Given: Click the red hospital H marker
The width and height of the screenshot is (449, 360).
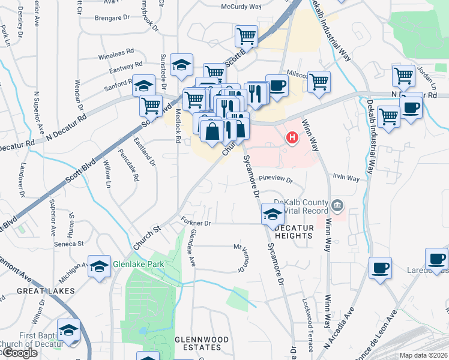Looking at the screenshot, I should coord(292,138).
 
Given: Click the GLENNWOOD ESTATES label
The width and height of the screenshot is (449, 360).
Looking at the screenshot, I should coord(202,344).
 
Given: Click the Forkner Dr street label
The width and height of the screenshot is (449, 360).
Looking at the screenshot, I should coord(196,223).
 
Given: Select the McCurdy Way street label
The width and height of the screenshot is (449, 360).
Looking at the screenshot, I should coord(241,6).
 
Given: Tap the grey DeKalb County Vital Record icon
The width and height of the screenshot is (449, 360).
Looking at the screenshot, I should coord(337,206).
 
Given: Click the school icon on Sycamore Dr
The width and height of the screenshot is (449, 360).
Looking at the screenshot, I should coord(273,214).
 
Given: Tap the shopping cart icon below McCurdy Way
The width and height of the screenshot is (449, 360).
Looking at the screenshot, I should coord(246,35).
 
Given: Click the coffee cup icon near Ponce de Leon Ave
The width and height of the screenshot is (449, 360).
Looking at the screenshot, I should coord(380,267).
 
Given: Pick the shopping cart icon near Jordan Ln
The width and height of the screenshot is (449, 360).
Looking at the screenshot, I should coord(403,76).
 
